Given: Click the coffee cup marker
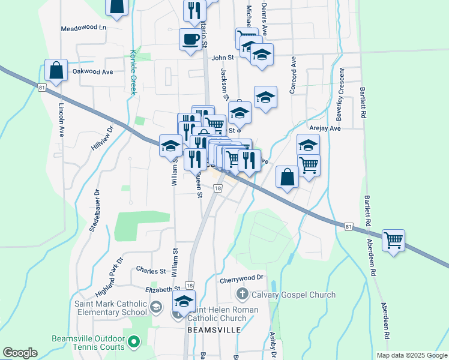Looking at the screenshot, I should pos(190,40).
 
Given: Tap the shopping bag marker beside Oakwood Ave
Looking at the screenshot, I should pos(56,70).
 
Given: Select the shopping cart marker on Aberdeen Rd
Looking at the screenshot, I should pos(393,241).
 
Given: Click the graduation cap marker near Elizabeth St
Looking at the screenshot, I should pos(184,302).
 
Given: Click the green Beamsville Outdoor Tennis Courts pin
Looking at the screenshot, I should pos(134,343).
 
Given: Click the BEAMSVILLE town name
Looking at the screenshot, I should pos(214,330).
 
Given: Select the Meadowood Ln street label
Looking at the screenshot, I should pos(83,28).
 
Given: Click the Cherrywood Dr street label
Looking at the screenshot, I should pos(242,278).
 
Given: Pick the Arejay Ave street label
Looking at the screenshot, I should pos(326,128).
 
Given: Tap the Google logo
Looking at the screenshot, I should pos(20,353).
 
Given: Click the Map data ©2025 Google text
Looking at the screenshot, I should pos(412,355).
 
